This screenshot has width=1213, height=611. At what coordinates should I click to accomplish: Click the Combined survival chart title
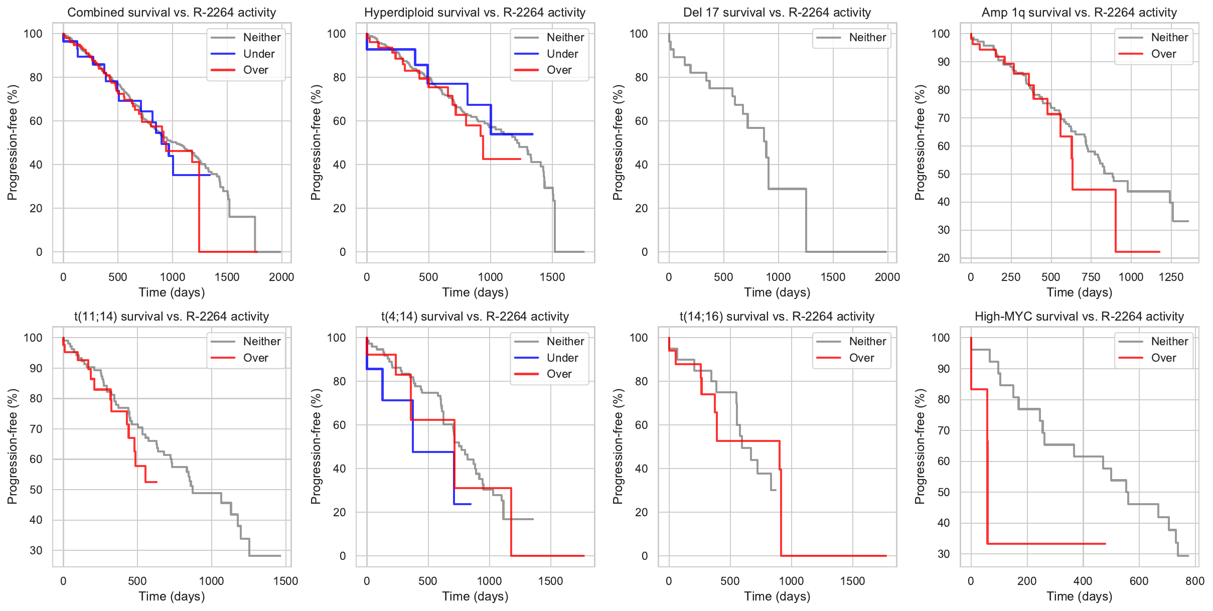tap(172, 13)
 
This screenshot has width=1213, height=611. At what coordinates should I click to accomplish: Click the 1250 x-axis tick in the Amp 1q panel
tap(1171, 277)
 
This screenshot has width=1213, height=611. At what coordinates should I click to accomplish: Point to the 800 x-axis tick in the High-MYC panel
tap(1194, 581)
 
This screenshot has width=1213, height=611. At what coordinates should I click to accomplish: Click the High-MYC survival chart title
tap(1079, 317)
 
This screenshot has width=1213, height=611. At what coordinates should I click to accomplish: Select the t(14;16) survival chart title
tap(777, 317)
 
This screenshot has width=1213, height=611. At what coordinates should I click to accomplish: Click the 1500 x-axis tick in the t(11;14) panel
tap(285, 581)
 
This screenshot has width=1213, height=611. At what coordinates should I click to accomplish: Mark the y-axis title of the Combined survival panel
tap(12, 142)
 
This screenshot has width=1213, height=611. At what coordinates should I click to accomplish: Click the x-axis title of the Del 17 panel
tap(777, 292)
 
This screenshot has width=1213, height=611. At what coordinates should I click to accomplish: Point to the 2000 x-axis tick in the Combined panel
tap(281, 277)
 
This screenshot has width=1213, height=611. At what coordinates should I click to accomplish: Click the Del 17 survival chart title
tap(777, 13)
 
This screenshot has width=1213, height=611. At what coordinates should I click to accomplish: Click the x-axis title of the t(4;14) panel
tap(475, 596)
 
